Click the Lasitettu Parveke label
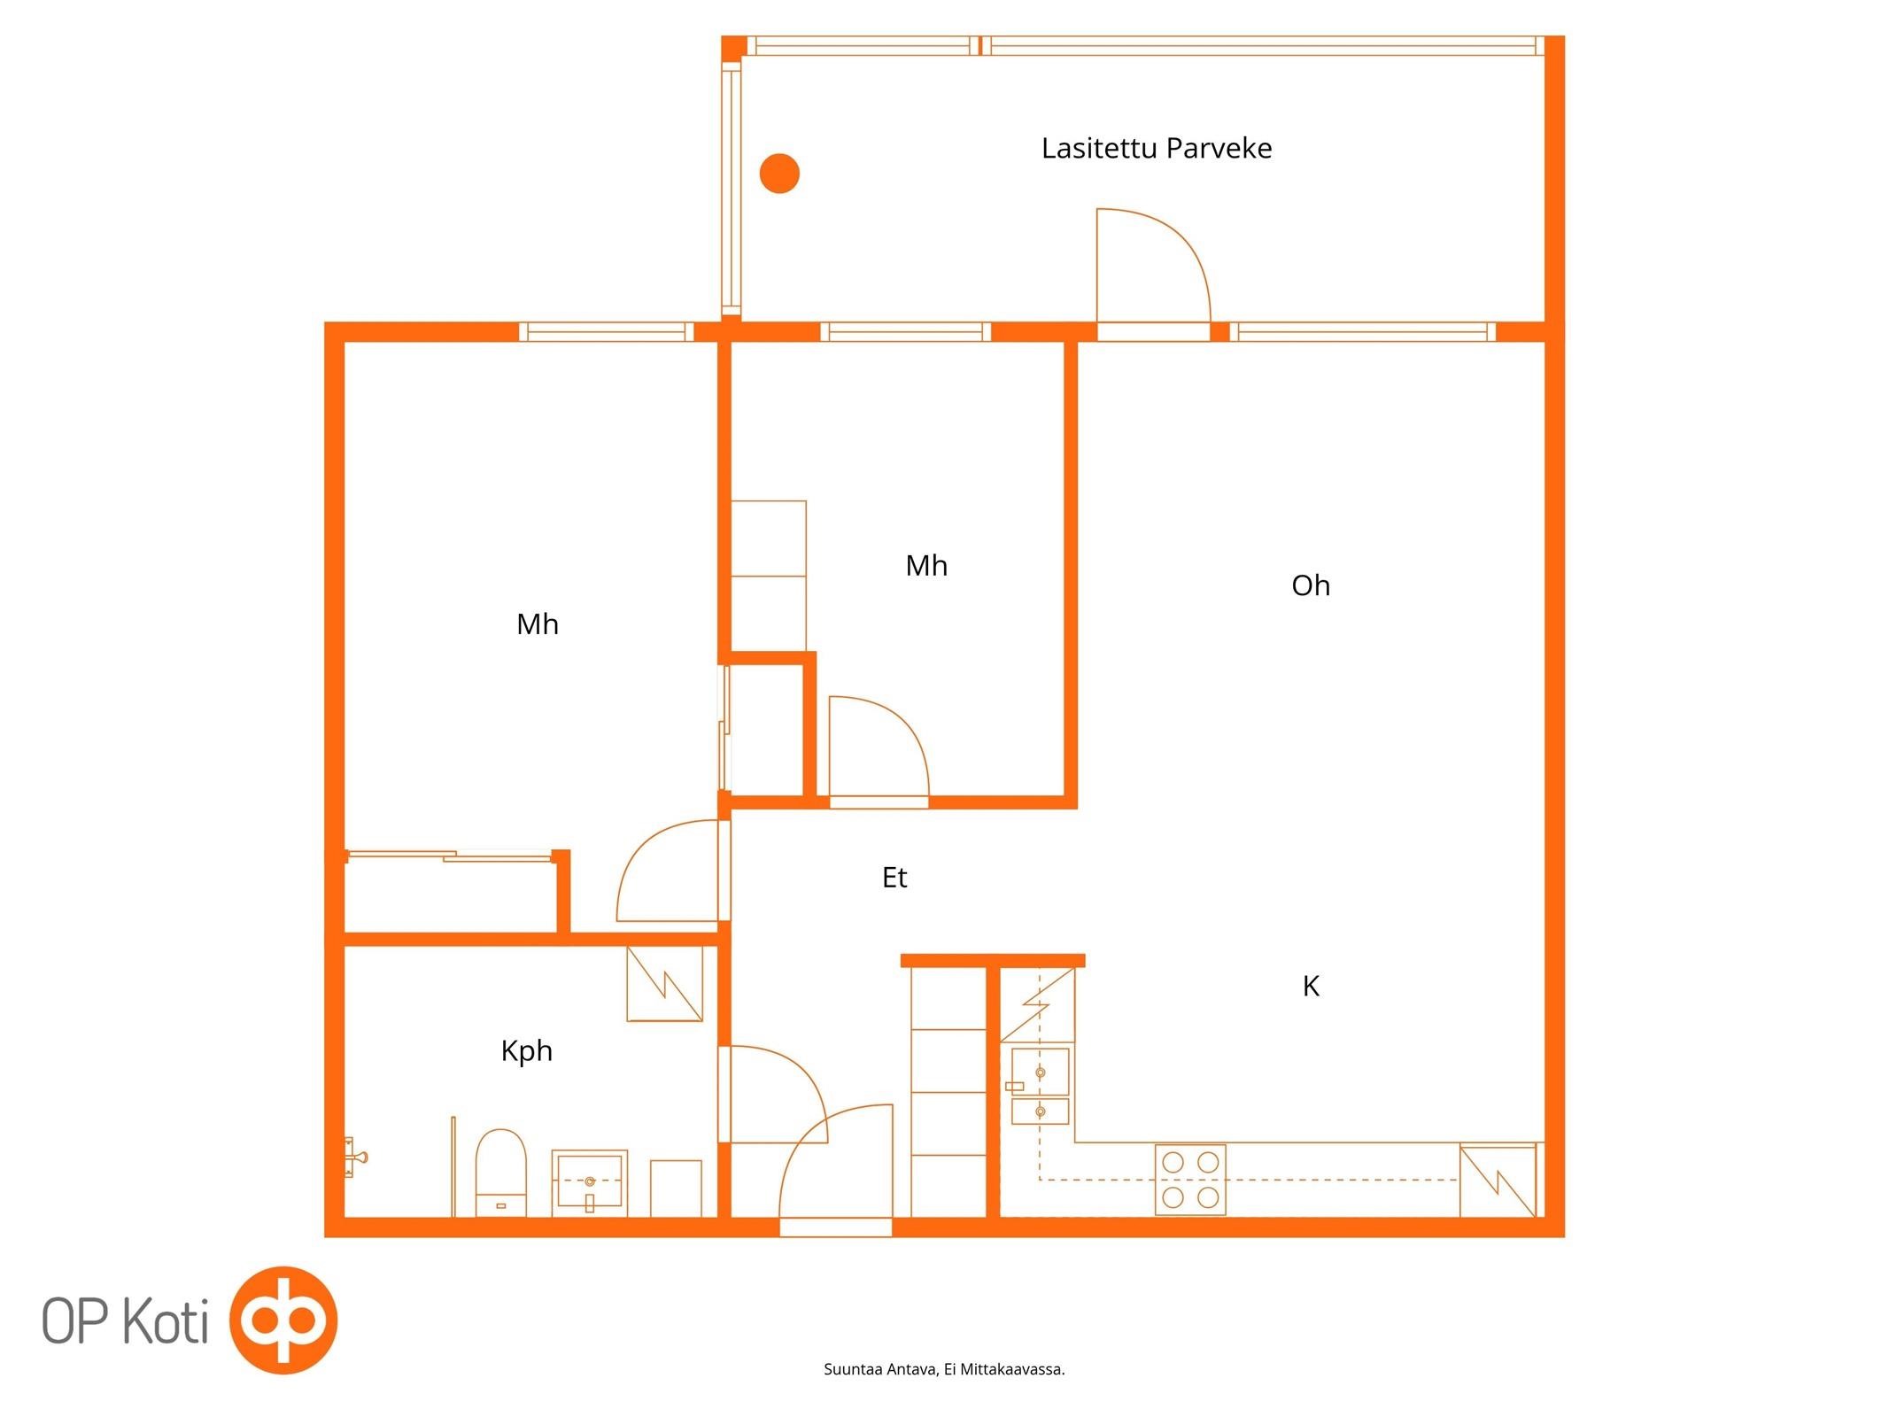[1156, 148]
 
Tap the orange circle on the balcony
[779, 173]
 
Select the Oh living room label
[1311, 585]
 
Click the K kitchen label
[1311, 986]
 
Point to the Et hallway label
[894, 877]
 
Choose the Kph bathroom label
[526, 1051]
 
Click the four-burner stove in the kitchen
[1190, 1179]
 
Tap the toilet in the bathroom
[500, 1173]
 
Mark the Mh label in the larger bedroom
[537, 624]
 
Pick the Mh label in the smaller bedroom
[926, 566]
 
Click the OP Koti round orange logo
[283, 1320]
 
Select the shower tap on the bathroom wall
[355, 1157]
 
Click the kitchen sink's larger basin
[1040, 1072]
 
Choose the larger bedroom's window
[607, 332]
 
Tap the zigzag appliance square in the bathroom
[664, 984]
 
